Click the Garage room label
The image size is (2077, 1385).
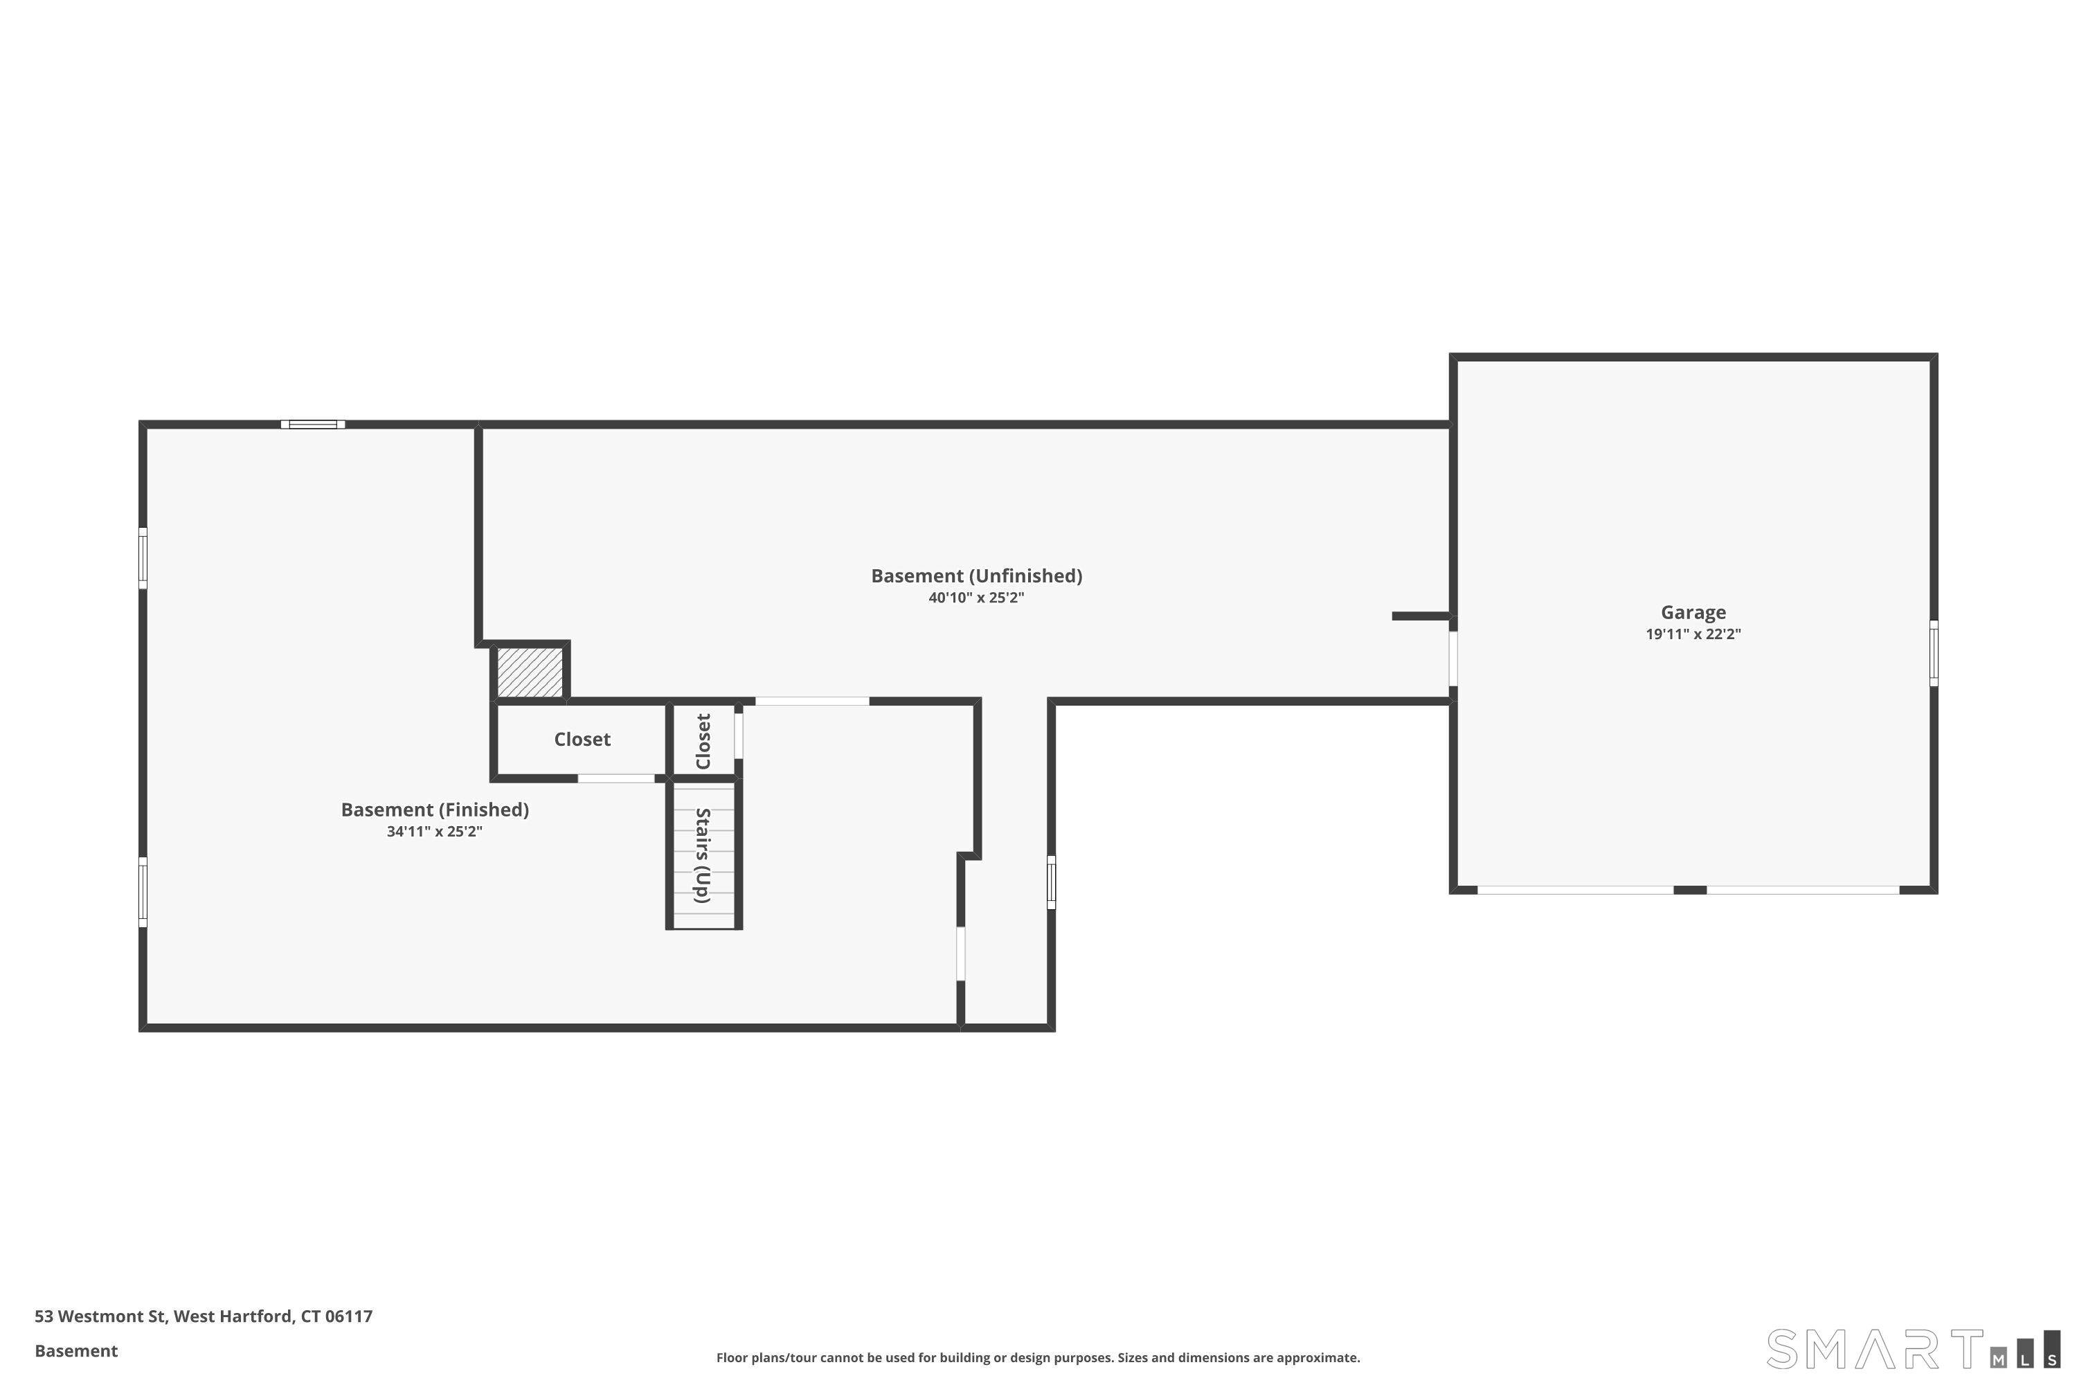1692,612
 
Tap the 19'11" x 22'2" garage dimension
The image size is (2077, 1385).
1692,634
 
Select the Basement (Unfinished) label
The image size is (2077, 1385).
975,576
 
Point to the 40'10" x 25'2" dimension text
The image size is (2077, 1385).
975,598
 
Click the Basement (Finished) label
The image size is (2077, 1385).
435,810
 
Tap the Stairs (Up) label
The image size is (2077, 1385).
703,855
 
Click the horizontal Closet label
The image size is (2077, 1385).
582,740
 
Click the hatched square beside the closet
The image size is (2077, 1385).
530,672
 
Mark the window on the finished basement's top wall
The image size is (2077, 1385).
313,425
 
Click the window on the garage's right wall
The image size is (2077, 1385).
1933,653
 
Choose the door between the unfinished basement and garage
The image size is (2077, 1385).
1453,658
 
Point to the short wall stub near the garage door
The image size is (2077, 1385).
1420,616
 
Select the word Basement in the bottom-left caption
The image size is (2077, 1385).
76,1350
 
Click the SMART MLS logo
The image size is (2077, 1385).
1911,1350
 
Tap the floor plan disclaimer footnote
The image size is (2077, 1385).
1038,1357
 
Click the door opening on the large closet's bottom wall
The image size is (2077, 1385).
615,778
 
